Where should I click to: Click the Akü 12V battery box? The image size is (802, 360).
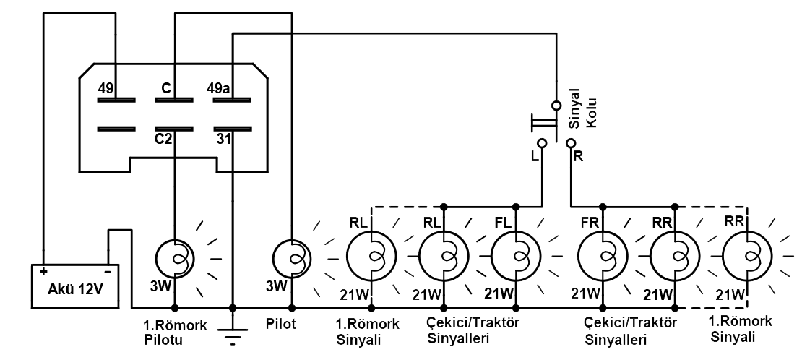76,286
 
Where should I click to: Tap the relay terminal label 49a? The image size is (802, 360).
218,88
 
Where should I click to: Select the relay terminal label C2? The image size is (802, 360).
164,138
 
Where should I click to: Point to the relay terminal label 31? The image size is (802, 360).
223,138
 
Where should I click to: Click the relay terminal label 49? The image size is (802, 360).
106,88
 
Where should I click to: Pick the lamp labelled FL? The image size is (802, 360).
516,255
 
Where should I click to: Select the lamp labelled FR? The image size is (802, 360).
603,255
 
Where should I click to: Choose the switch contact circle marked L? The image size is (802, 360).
542,143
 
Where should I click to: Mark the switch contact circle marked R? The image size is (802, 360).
571,143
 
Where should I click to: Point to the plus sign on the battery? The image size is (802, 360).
44,271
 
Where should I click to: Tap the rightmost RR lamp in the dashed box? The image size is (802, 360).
747,255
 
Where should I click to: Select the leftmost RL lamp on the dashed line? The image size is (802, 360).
371,255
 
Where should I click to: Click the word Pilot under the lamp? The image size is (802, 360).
281,324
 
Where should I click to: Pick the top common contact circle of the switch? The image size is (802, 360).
556,106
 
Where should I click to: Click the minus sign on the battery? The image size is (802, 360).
108,271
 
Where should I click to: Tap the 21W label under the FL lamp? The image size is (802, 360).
499,293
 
